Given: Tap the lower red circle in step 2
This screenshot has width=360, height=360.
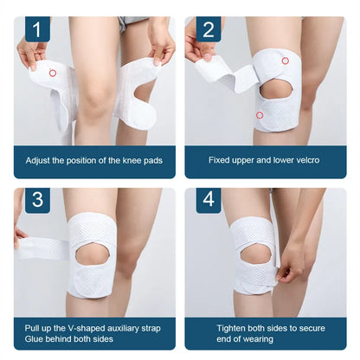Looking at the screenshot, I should (x=259, y=114).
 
